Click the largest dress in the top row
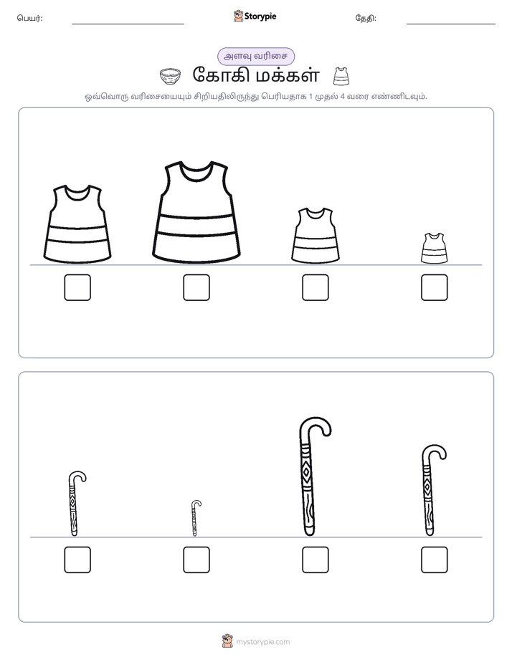tap(196, 211)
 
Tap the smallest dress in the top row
tap(434, 248)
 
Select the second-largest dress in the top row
tap(77, 224)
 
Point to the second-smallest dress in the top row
tap(315, 235)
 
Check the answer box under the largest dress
tap(196, 287)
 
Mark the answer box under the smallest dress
tap(435, 287)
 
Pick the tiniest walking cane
tap(194, 519)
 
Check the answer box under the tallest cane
tap(315, 560)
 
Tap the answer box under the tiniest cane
tap(196, 560)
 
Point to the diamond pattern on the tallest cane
tap(307, 472)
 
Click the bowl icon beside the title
tap(170, 77)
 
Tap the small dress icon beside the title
tap(341, 77)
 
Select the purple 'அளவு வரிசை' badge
tap(255, 56)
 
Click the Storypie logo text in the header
tap(260, 16)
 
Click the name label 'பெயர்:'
tap(29, 18)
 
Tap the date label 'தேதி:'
tap(366, 18)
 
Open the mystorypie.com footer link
tap(262, 642)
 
